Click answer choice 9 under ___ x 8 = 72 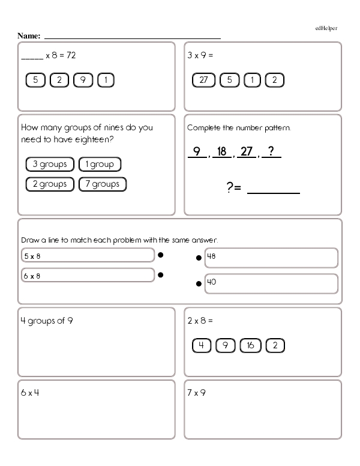click(82, 80)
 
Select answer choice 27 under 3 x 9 click(203, 80)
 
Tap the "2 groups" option click(50, 184)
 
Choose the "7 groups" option click(103, 184)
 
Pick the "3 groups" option click(50, 164)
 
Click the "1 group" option click(100, 164)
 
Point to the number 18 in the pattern click(221, 152)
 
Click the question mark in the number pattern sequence click(271, 152)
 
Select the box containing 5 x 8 click(88, 256)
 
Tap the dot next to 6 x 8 click(160, 275)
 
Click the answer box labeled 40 click(271, 285)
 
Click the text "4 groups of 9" click(47, 321)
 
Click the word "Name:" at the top click(29, 37)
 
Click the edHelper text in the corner click(326, 28)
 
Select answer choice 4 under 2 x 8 click(202, 345)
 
